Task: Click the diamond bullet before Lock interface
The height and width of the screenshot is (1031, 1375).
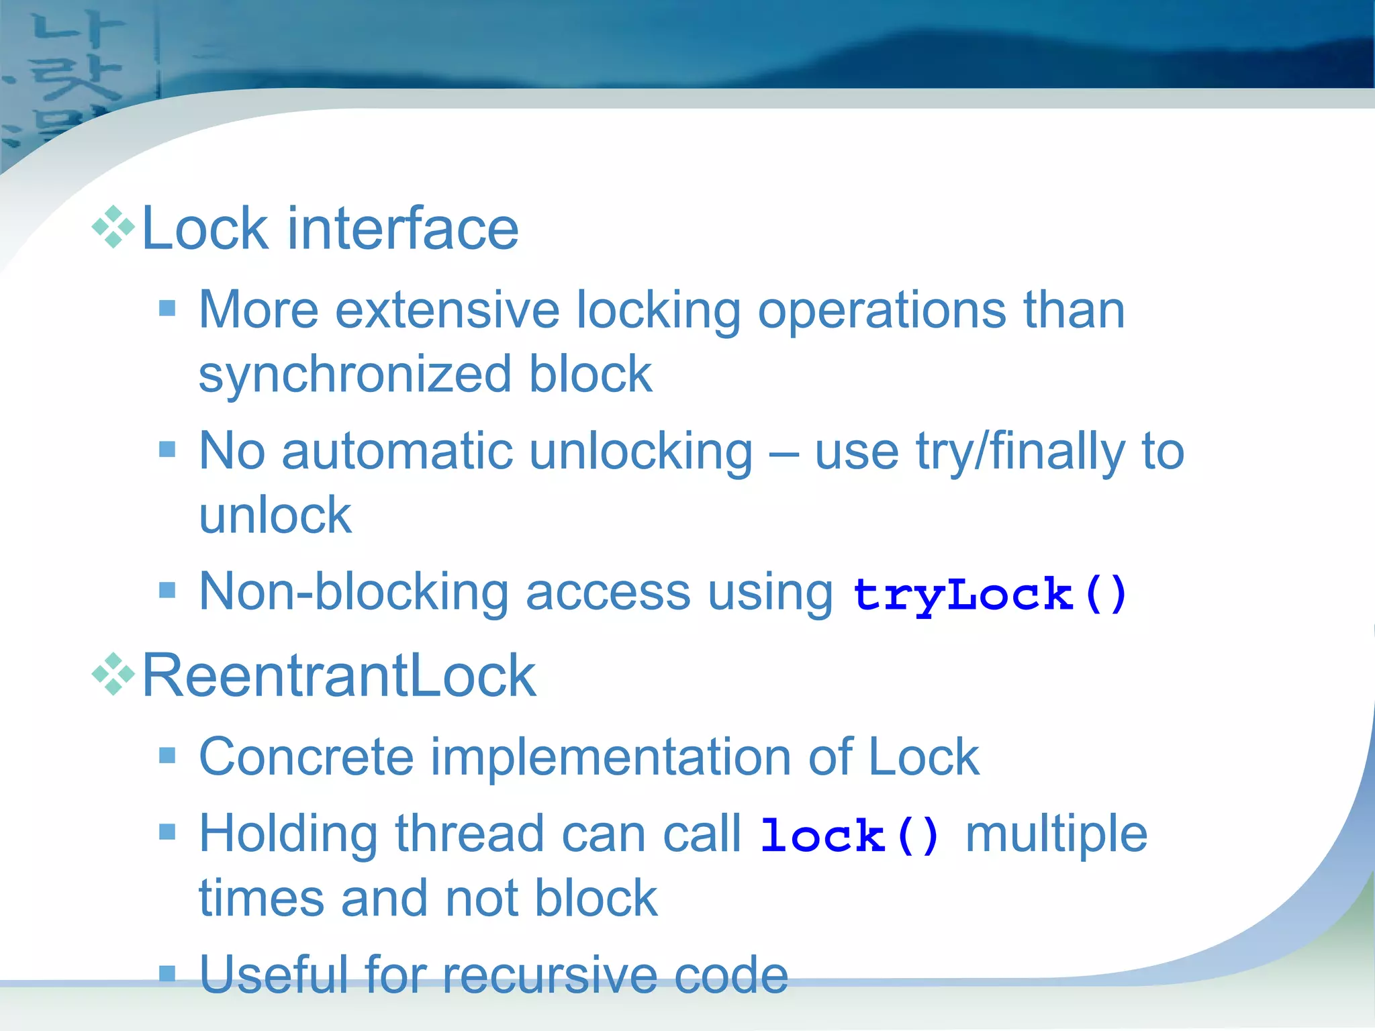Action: pyautogui.click(x=113, y=228)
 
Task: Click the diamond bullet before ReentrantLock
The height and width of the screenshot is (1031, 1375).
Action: pyautogui.click(x=113, y=674)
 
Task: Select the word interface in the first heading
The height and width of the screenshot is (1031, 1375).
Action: pyautogui.click(x=403, y=229)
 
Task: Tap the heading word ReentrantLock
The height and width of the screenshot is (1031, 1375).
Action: pyautogui.click(x=339, y=675)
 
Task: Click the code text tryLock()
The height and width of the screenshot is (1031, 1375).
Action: pyautogui.click(x=989, y=595)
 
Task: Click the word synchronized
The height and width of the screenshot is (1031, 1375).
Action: pyautogui.click(x=355, y=375)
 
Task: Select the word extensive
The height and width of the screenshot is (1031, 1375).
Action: pyautogui.click(x=447, y=310)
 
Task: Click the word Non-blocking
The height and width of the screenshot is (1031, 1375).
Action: pyautogui.click(x=354, y=592)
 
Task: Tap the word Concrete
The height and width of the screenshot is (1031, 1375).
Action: pyautogui.click(x=306, y=757)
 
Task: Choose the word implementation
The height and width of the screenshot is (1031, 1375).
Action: pyautogui.click(x=611, y=757)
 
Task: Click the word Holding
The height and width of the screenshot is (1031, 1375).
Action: pyautogui.click(x=288, y=834)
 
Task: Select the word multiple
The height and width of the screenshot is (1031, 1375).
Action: pyautogui.click(x=1056, y=834)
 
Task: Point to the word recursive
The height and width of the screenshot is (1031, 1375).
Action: pyautogui.click(x=549, y=975)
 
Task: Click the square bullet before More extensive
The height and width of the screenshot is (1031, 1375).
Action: pyautogui.click(x=167, y=309)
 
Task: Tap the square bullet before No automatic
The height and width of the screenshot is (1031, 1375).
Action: pyautogui.click(x=167, y=449)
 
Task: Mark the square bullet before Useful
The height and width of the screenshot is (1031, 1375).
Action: pyautogui.click(x=167, y=973)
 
